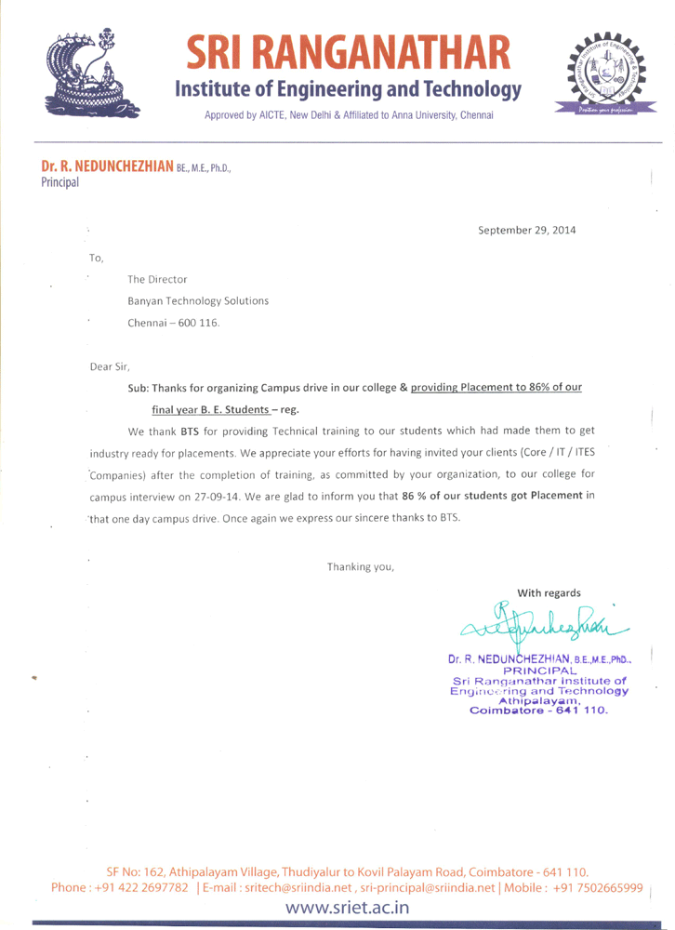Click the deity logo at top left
coord(94,73)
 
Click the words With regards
coord(549,592)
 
